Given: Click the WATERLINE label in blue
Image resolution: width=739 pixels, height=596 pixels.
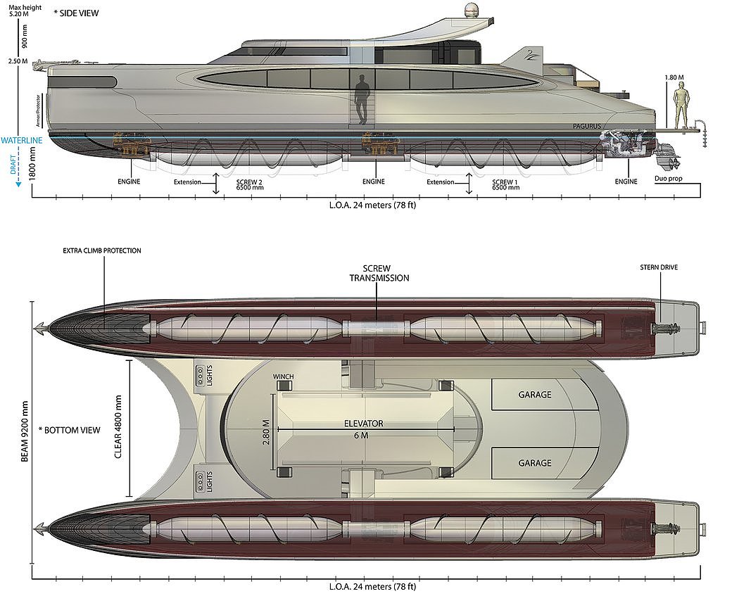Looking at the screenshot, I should (x=22, y=140).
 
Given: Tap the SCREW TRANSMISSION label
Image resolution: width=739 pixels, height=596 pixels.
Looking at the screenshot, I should (x=379, y=273).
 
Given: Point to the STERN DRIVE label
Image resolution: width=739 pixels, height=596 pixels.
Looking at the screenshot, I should (x=659, y=267).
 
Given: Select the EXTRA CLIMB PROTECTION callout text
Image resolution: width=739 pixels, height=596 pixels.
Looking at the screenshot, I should (x=102, y=251).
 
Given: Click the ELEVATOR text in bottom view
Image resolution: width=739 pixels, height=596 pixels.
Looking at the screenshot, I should (x=363, y=424).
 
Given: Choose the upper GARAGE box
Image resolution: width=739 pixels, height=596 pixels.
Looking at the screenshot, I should (x=534, y=395).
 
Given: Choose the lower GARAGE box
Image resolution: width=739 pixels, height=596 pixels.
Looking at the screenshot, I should (x=534, y=463).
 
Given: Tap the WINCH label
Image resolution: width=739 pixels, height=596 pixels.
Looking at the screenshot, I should (x=284, y=377).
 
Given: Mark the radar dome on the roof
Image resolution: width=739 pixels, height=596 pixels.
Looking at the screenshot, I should (x=470, y=12).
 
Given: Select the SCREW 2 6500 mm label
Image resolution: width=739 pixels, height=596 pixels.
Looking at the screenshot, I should (x=251, y=184).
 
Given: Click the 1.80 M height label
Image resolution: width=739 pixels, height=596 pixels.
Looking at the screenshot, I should (x=674, y=77).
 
